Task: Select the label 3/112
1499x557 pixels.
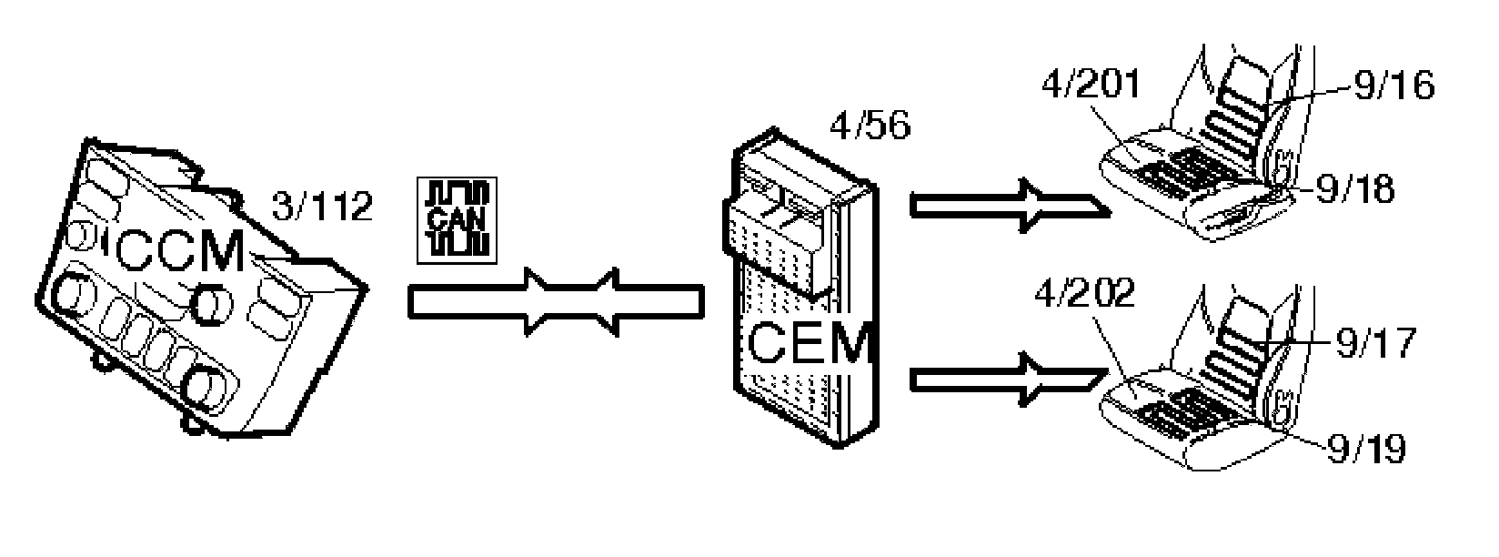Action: pyautogui.click(x=322, y=207)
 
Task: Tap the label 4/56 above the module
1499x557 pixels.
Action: pyautogui.click(x=869, y=127)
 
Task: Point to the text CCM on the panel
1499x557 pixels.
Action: pyautogui.click(x=179, y=252)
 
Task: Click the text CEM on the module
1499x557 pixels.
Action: pyautogui.click(x=809, y=344)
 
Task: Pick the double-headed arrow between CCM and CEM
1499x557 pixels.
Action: pyautogui.click(x=557, y=301)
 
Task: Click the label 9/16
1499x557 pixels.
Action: pyautogui.click(x=1393, y=86)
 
